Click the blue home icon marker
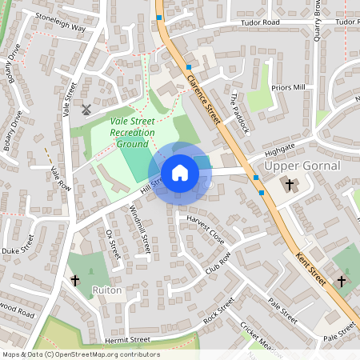click(180, 173)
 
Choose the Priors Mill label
click(289, 86)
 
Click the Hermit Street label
click(127, 339)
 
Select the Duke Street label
click(20, 250)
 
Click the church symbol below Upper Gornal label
click(290, 186)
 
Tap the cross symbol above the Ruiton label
click(76, 280)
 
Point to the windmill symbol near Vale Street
click(86, 109)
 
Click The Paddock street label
click(240, 112)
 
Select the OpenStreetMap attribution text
click(81, 354)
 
